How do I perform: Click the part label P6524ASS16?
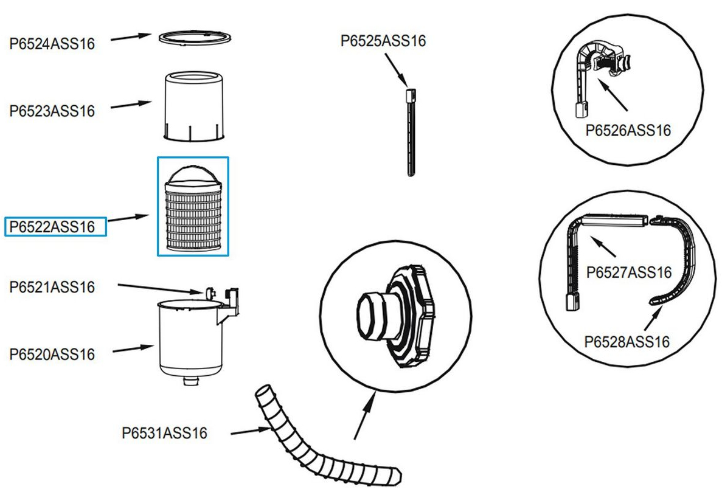click(52, 43)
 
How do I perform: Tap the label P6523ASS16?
click(52, 111)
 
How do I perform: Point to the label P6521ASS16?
click(52, 287)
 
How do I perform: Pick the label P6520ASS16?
click(52, 354)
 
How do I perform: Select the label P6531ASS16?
click(165, 433)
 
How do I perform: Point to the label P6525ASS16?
click(383, 41)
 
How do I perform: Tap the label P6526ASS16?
click(628, 130)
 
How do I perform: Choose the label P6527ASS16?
click(628, 272)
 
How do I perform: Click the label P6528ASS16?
click(627, 341)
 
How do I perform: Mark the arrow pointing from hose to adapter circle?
click(364, 416)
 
